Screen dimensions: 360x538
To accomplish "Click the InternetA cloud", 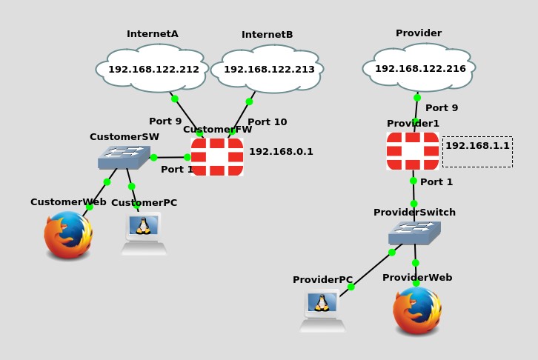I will click(x=153, y=69).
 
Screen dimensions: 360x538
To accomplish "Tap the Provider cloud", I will click(x=419, y=68).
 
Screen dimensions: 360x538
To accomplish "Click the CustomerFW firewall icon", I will click(x=217, y=156).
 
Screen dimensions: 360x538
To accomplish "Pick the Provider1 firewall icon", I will click(x=413, y=150).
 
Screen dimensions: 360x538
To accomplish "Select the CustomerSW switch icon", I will click(x=124, y=157).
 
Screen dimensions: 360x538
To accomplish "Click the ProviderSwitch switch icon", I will click(x=414, y=233).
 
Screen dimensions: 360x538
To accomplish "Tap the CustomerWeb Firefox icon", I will click(x=68, y=236).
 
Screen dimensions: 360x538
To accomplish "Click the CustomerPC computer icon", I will click(x=144, y=233).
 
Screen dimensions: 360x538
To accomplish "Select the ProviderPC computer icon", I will click(x=322, y=311).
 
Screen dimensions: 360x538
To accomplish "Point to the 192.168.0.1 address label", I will click(x=281, y=152).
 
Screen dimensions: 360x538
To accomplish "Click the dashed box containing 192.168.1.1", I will click(x=477, y=151).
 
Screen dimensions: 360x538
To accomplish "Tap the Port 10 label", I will click(x=267, y=122).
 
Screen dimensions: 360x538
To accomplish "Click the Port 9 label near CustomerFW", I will click(x=165, y=121).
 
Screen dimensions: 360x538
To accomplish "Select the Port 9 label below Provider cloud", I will click(x=442, y=108).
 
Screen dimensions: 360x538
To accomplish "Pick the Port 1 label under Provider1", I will click(x=436, y=182).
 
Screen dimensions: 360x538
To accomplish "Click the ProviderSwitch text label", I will click(x=414, y=213).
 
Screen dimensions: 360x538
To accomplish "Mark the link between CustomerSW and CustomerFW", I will click(x=170, y=157).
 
